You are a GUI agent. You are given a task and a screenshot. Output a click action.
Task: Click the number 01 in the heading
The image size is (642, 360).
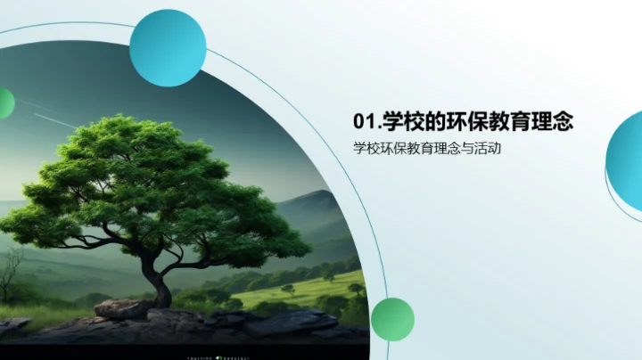[363, 120]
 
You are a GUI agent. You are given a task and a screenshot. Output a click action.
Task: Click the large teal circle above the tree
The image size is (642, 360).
[168, 48]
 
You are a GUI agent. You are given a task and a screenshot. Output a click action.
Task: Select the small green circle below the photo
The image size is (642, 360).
[392, 319]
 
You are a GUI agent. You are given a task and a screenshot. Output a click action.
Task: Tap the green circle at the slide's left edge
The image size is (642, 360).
[4, 103]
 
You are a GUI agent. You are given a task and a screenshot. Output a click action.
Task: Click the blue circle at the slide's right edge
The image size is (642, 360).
[627, 153]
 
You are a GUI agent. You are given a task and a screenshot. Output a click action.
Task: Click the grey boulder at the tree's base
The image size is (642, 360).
[122, 308]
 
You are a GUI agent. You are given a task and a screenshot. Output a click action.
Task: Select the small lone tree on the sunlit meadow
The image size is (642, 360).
[288, 289]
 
